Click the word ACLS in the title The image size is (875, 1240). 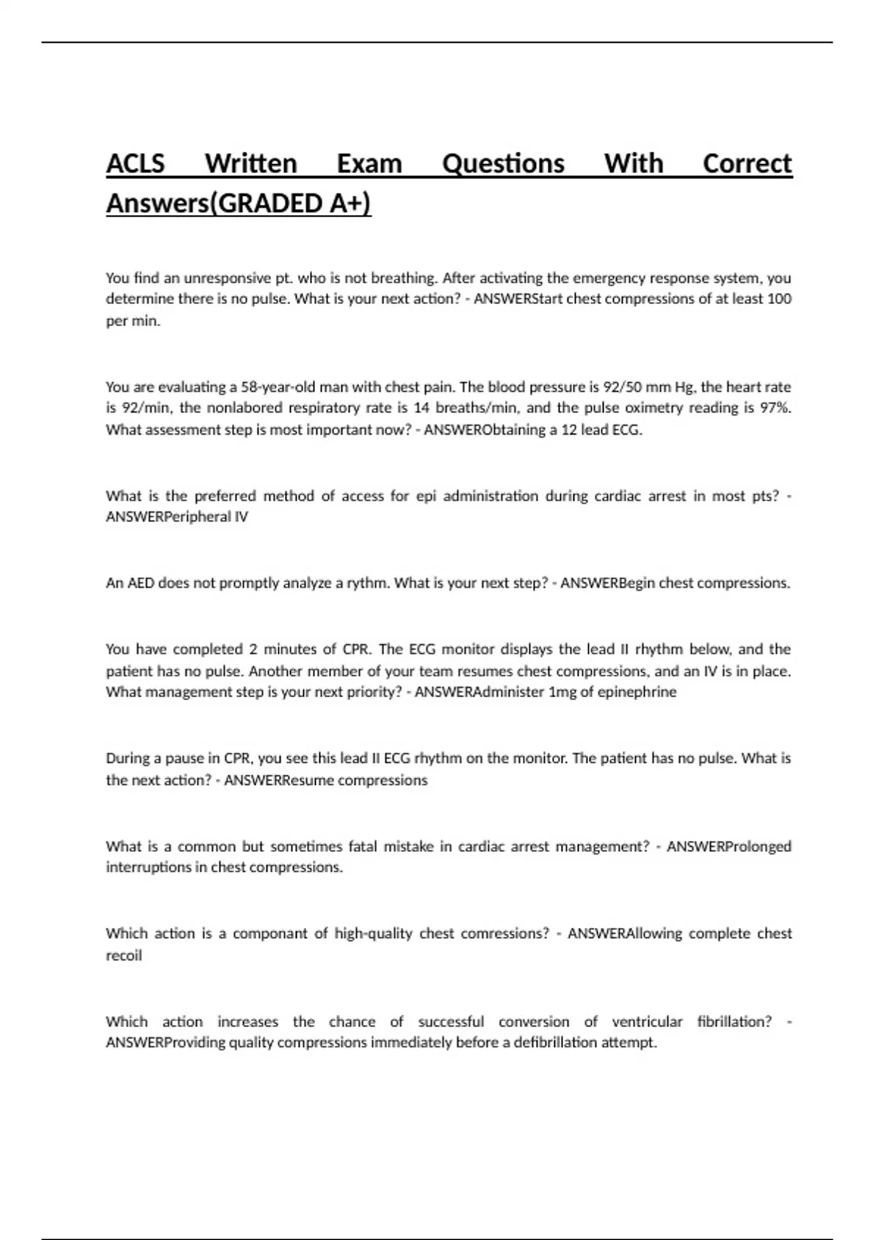(x=136, y=163)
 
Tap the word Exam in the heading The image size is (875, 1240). (x=369, y=163)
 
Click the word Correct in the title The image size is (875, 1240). (x=747, y=163)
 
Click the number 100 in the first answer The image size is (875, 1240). (x=779, y=299)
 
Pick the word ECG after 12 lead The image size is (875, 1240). (x=626, y=430)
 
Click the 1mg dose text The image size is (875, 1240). (x=561, y=692)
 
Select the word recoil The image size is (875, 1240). (x=124, y=956)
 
